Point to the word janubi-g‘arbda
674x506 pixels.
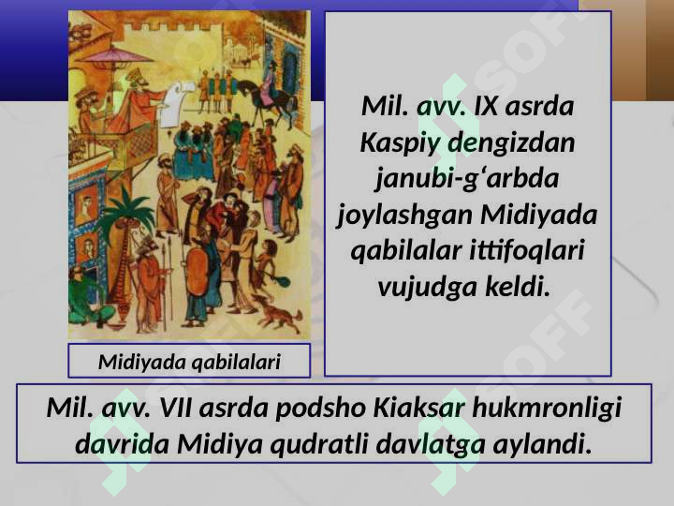467,178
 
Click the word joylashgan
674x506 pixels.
404,215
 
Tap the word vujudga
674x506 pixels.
427,287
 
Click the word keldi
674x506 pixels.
518,286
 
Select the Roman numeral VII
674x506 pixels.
176,408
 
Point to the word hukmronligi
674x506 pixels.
547,409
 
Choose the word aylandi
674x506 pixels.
543,444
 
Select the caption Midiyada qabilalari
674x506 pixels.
189,363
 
